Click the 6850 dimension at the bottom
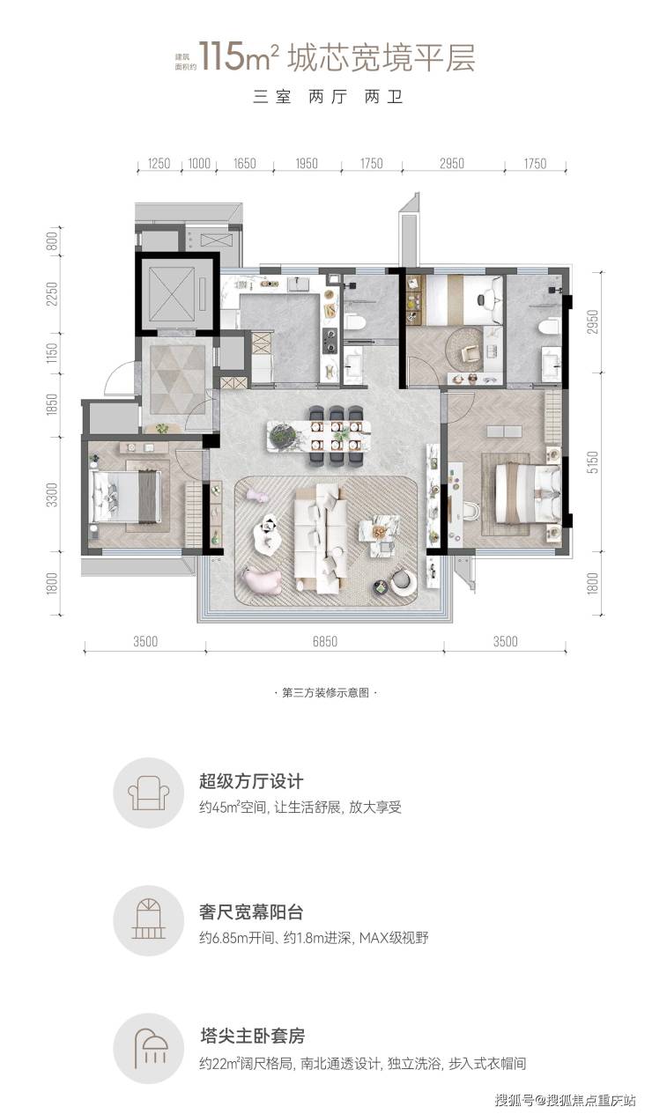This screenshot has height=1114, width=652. tap(325, 642)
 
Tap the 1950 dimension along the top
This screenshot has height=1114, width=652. tap(307, 164)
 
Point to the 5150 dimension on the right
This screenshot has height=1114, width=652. tap(592, 462)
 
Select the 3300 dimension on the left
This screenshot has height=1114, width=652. tap(52, 495)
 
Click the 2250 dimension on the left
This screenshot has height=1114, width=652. tap(52, 294)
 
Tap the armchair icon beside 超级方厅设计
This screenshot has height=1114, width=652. tap(148, 793)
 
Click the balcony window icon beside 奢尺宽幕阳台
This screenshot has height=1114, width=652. tap(148, 919)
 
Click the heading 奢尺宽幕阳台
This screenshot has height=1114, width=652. tap(251, 912)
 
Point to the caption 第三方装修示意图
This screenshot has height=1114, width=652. tap(325, 693)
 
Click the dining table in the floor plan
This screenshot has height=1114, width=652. tap(319, 436)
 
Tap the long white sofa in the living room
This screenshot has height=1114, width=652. tap(320, 539)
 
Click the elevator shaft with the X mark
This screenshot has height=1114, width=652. tap(172, 293)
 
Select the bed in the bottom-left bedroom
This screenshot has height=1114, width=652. tap(128, 497)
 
